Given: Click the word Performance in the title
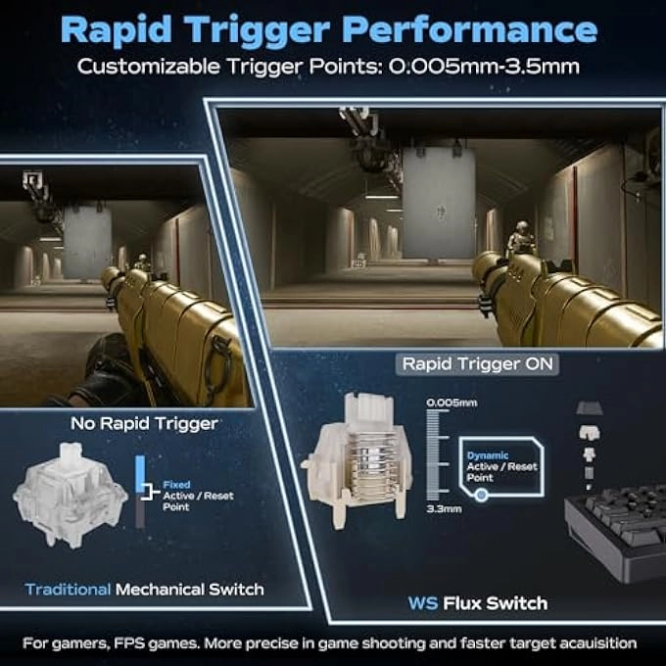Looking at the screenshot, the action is tap(470, 30).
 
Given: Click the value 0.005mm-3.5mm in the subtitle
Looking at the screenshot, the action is tap(484, 67).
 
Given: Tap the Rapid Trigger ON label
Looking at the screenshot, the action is tap(477, 364).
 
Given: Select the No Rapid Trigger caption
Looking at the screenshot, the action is tap(144, 423).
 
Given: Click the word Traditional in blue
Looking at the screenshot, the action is tap(68, 590).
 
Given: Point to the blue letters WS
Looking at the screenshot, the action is tap(423, 603).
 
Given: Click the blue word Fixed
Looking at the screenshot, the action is tap(176, 484).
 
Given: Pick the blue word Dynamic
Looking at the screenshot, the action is tap(487, 455).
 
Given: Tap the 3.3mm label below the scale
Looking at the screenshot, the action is tap(444, 508).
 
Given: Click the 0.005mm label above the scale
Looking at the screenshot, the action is tap(452, 403).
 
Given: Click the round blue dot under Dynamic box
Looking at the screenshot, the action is tap(481, 496).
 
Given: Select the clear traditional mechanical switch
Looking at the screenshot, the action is tap(71, 495).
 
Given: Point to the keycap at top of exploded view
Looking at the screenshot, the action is tap(589, 408).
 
